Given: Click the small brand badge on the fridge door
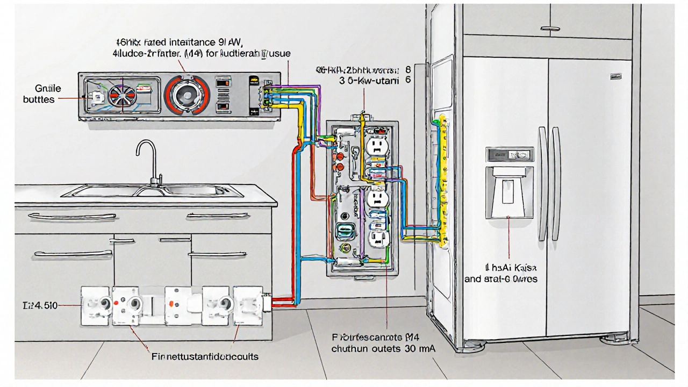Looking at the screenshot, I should click(x=616, y=77).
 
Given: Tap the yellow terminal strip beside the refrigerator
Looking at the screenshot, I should click(x=443, y=177).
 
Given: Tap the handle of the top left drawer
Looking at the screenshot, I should click(x=72, y=217).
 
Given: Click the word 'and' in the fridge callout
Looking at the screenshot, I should click(x=473, y=279).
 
